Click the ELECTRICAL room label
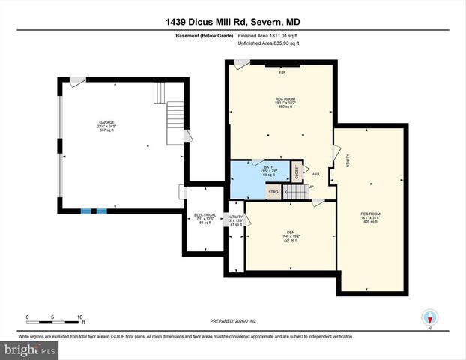[205, 214]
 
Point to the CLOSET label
[296, 172]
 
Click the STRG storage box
[273, 192]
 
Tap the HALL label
[315, 175]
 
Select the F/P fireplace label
[282, 73]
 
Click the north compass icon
[429, 316]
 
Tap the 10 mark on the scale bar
[79, 317]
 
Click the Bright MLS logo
[29, 349]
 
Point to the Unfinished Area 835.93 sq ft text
[267, 43]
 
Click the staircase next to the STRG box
[298, 193]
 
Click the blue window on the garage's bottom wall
[94, 211]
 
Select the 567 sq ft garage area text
[108, 130]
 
